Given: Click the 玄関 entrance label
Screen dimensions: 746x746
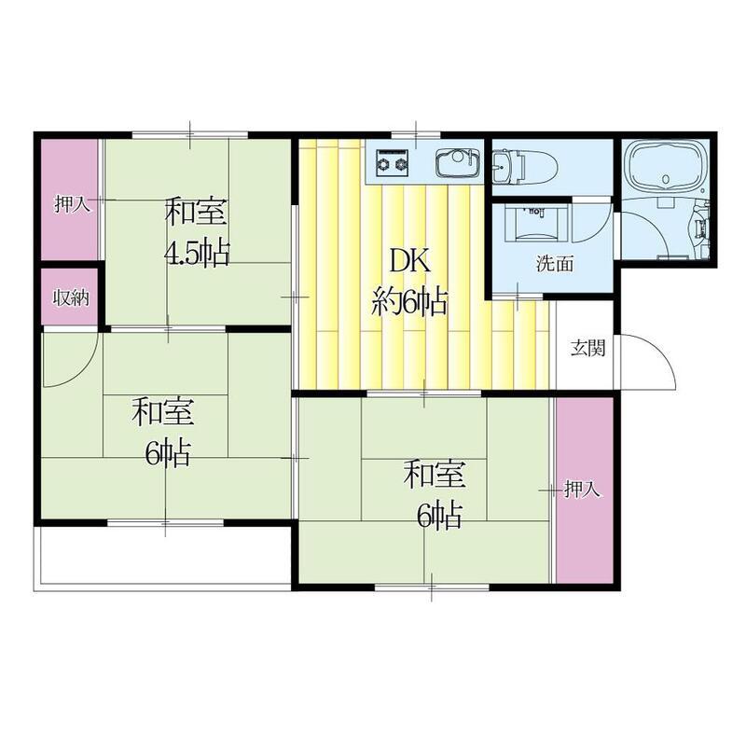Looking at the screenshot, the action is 588,349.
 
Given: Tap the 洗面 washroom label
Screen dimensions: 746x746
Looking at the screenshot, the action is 555,264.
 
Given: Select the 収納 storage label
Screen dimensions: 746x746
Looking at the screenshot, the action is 71,298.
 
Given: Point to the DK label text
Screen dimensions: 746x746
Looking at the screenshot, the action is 409,261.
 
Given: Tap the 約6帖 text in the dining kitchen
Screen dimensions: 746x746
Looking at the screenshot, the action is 409,301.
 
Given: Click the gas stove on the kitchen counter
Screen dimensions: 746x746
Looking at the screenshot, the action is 393,161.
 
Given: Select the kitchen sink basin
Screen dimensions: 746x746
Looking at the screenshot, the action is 458,162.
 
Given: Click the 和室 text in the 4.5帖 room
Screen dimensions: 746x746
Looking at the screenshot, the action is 196,213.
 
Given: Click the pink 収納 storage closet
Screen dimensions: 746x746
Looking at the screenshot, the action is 70,297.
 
